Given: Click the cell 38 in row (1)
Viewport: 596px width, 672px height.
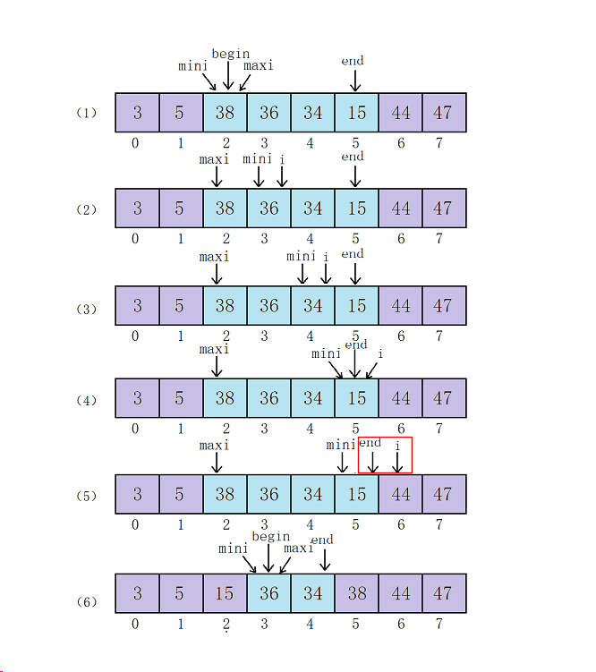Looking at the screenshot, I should tap(225, 113).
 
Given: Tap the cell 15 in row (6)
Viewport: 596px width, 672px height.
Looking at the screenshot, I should tap(225, 593).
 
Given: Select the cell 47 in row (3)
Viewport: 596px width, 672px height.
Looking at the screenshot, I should tap(443, 306).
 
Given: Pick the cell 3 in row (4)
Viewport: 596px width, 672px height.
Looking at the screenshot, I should tap(137, 398).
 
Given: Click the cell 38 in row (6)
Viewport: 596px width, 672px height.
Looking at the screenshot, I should tap(356, 593).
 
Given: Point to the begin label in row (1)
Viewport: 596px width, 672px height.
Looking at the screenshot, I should tap(230, 54).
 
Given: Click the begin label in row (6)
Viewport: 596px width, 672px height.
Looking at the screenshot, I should tap(270, 536).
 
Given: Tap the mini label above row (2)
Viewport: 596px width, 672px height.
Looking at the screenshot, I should tap(257, 158).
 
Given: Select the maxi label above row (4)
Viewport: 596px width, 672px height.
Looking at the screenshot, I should tap(215, 349).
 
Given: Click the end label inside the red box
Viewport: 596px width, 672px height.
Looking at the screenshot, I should tap(370, 443).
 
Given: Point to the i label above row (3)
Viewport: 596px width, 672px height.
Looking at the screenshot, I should tap(326, 257).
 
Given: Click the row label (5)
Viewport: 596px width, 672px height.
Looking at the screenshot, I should tap(86, 496).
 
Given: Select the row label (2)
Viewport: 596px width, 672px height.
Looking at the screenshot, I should tap(86, 209).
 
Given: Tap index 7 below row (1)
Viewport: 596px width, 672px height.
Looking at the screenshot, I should tap(439, 142).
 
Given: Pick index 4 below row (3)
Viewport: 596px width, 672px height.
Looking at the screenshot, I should tap(310, 336).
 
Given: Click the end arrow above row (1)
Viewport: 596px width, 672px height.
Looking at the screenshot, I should tap(354, 80).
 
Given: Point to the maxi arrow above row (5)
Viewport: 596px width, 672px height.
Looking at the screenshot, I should tap(216, 462).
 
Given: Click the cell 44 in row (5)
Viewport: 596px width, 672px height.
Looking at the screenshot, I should tap(400, 494).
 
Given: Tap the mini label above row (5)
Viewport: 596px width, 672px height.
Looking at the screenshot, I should tap(341, 445).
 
